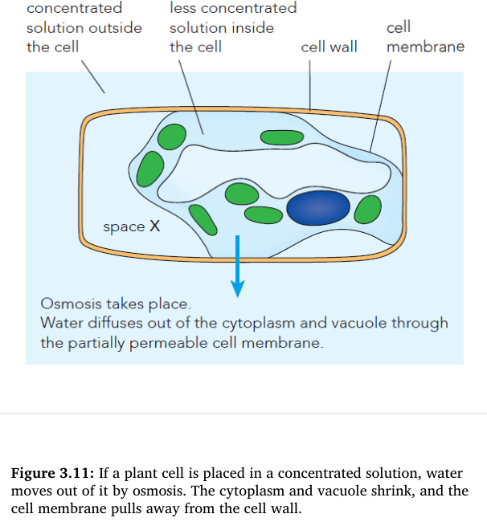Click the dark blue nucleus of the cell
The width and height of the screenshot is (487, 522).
(318, 209)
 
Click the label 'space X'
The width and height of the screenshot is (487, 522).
(132, 227)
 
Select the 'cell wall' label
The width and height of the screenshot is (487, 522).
(329, 47)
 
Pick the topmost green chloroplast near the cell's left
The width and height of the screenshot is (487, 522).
(171, 137)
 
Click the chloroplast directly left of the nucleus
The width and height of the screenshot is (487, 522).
(262, 214)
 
